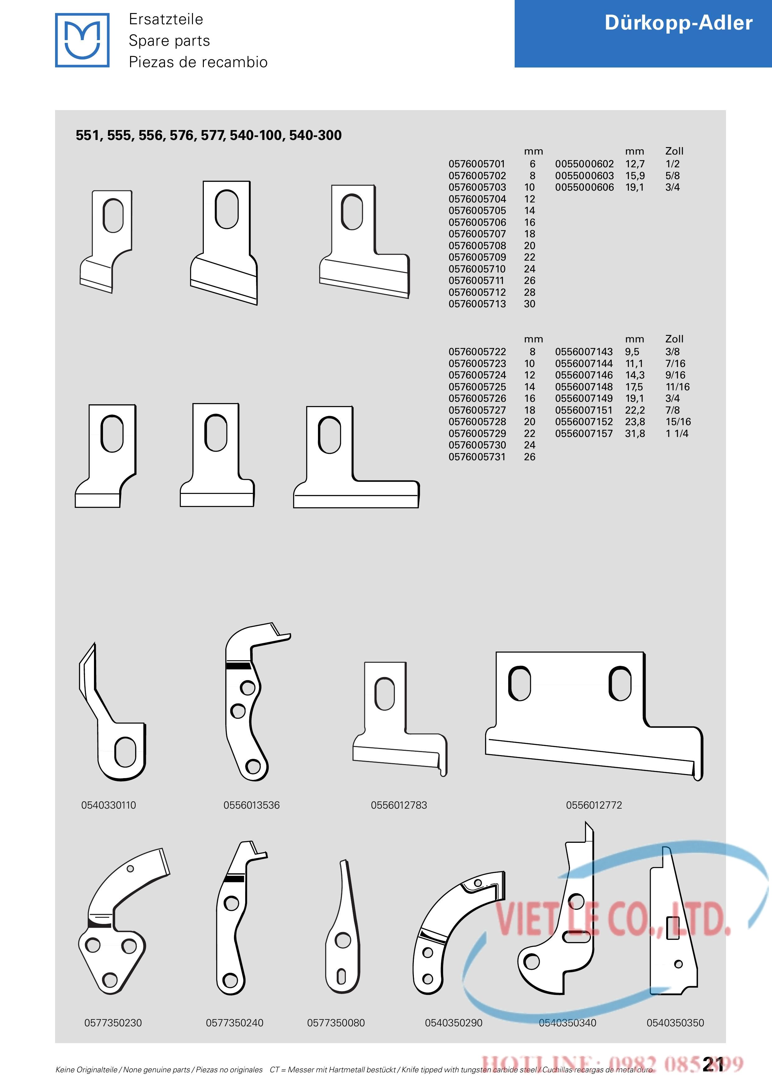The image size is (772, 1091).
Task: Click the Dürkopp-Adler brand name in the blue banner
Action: tap(678, 23)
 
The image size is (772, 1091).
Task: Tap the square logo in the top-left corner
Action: tap(82, 40)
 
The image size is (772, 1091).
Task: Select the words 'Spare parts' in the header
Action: tap(169, 41)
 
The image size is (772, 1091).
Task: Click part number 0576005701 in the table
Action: tap(477, 164)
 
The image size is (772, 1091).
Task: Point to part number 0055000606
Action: tap(584, 187)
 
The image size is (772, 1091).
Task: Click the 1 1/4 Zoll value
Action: tap(676, 433)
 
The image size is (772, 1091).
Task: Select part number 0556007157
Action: tap(584, 433)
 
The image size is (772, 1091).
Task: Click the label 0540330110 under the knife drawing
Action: tap(108, 805)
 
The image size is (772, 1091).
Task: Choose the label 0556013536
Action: tap(251, 805)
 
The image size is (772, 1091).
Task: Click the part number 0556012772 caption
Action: tap(594, 805)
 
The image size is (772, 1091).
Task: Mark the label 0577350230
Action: tap(113, 1023)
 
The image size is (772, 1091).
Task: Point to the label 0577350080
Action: tap(336, 1023)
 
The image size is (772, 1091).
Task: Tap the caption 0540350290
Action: tap(453, 1023)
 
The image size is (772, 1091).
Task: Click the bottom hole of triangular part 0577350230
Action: tap(110, 979)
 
